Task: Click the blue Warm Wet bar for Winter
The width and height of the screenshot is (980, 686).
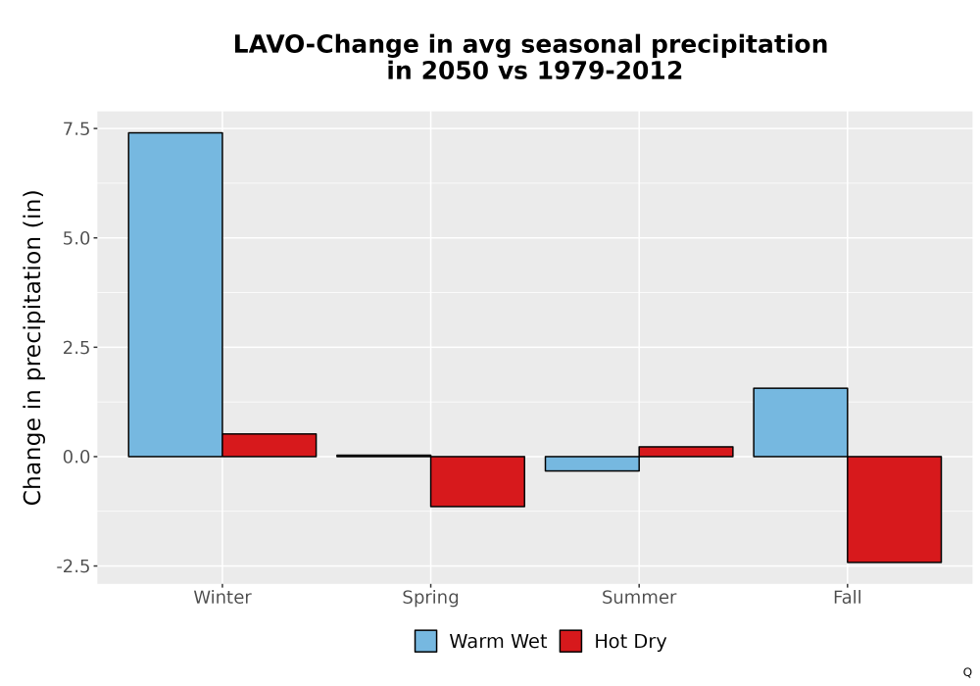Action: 175,294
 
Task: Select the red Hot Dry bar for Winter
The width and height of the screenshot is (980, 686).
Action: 269,445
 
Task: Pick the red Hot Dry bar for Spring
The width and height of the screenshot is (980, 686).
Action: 477,481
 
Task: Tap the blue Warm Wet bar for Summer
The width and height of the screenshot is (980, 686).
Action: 592,463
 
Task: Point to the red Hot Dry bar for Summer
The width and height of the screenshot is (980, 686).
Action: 686,451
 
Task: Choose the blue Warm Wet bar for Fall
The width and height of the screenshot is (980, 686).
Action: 801,422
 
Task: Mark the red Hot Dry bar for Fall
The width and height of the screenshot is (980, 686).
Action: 895,510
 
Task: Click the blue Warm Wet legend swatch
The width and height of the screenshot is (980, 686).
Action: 425,641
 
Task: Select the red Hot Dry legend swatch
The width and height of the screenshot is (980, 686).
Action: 570,641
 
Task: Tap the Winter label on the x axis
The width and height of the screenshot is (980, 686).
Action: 222,597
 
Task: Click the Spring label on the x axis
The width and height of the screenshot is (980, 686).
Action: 430,598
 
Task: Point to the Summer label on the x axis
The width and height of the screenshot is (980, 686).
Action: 639,597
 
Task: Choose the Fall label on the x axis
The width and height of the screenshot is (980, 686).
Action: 848,597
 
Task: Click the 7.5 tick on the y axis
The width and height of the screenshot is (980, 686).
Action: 75,128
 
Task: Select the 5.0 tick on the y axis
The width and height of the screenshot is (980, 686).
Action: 75,238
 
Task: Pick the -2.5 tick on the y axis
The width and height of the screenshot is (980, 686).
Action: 73,566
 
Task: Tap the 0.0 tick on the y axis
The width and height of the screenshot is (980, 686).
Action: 75,457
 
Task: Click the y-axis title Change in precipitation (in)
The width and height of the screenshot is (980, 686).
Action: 32,347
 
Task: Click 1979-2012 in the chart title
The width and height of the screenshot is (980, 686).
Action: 610,70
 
